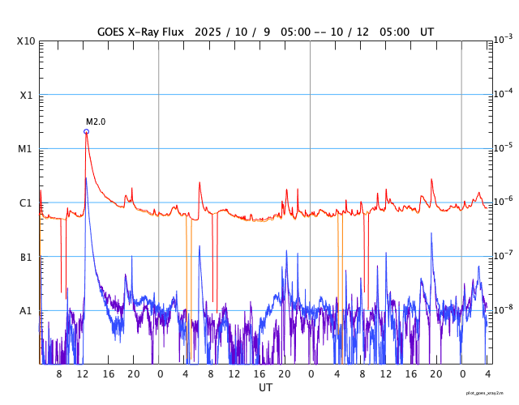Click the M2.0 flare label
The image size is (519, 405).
(96, 122)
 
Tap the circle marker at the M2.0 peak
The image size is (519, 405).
(86, 131)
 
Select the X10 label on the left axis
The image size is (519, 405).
(26, 41)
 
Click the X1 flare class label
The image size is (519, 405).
(26, 95)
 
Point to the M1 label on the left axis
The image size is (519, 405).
(26, 149)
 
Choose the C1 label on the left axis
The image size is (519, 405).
(26, 202)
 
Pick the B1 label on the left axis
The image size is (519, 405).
(26, 257)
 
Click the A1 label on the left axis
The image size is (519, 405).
(26, 311)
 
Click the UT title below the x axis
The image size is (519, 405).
(265, 388)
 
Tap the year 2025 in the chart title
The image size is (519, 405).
(231, 32)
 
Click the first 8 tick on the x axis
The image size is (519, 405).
(58, 374)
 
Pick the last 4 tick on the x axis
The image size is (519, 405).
(487, 374)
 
